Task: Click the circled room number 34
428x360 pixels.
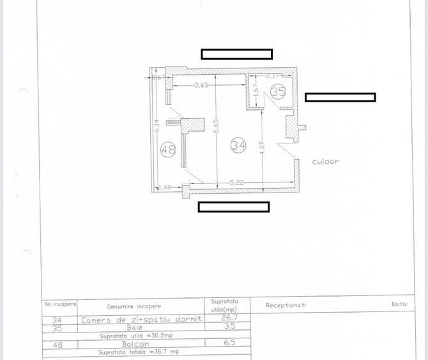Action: click(238, 145)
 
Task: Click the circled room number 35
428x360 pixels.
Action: click(278, 91)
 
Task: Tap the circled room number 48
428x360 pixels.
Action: click(169, 150)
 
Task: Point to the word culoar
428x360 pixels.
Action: click(325, 161)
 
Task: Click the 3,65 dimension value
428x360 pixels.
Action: click(202, 85)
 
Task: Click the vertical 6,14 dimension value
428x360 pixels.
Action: click(156, 127)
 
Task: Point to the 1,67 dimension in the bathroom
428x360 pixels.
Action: click(255, 93)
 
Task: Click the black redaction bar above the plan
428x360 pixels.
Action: click(236, 54)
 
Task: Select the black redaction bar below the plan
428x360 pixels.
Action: click(233, 207)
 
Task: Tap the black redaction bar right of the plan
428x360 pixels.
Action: click(340, 97)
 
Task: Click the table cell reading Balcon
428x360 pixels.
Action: click(134, 344)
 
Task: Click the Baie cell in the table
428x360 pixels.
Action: click(134, 327)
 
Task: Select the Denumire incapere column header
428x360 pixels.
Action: click(134, 306)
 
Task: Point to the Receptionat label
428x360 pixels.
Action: click(286, 305)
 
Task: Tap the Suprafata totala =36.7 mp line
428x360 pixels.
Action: click(139, 352)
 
